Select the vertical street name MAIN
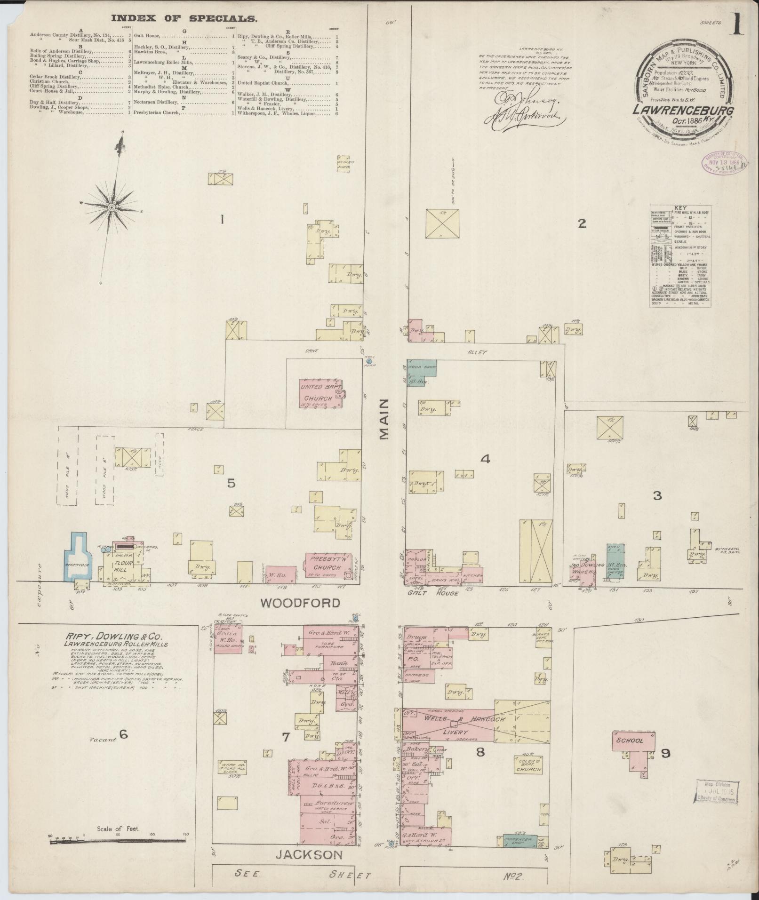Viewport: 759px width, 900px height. [x=385, y=419]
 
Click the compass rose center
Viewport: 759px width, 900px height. [x=112, y=207]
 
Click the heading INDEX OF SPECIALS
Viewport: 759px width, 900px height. [x=184, y=19]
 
